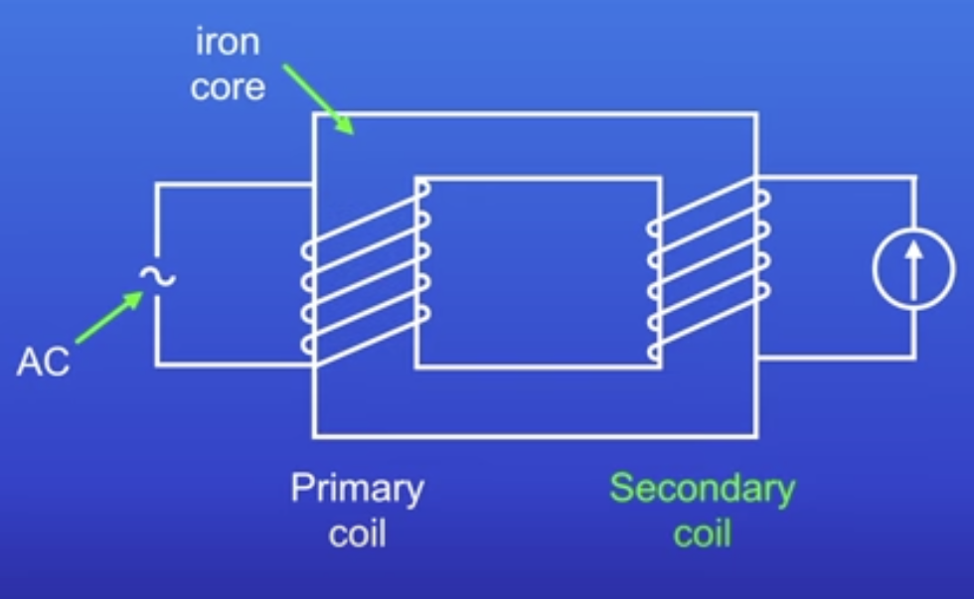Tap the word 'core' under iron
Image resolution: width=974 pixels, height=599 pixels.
[x=228, y=87]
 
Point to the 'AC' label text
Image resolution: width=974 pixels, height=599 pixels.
[x=43, y=363]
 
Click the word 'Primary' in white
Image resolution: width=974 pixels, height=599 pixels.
[x=357, y=490]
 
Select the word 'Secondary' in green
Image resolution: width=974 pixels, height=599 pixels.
[x=702, y=489]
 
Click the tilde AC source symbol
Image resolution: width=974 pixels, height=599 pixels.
[x=156, y=276]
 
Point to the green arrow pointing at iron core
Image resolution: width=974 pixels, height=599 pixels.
[x=317, y=97]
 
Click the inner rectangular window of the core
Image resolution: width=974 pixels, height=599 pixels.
[x=538, y=272]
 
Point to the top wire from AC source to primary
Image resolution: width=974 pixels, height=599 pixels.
[x=234, y=185]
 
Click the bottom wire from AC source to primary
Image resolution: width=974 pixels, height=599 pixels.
[x=234, y=365]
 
